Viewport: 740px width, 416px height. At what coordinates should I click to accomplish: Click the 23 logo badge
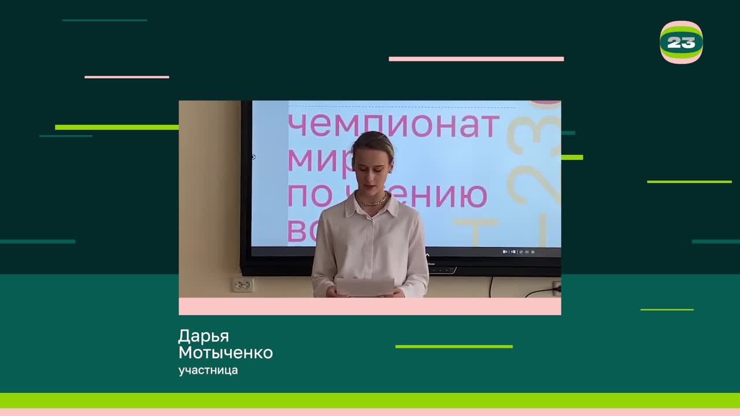coord(681,42)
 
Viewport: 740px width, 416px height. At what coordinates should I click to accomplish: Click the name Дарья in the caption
coord(203,336)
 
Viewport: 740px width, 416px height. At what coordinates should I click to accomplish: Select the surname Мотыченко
coord(225,353)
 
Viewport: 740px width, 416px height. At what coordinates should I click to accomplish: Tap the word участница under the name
coord(208,370)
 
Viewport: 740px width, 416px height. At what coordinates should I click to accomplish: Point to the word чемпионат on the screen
coord(393,125)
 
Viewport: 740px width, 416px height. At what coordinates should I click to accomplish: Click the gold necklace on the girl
coord(372,202)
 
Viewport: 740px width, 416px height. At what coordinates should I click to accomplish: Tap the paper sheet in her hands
coord(364,286)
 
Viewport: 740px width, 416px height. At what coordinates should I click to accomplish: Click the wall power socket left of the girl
coord(243,284)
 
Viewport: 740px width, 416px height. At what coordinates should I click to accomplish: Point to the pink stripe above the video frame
coord(476,59)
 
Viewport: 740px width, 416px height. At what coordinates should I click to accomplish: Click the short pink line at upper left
coord(127,77)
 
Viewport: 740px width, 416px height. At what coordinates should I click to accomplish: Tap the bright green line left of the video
coord(116,127)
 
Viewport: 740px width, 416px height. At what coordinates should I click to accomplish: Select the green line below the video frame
coord(454,347)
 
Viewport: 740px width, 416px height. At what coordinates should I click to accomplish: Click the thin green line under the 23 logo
coord(689,182)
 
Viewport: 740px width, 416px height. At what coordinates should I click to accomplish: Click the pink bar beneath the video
coord(369,306)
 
